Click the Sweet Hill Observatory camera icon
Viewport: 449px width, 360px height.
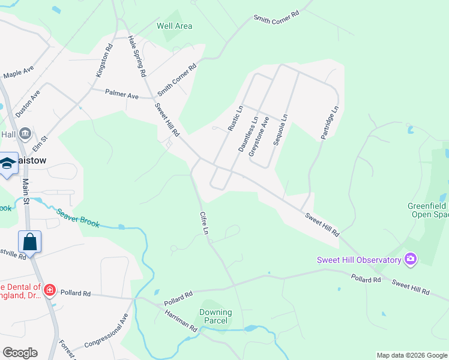[x=411, y=259]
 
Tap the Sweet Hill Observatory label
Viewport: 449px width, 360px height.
[x=359, y=260]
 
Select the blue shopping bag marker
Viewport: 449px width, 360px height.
[x=30, y=242]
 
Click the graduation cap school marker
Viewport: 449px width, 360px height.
[x=8, y=164]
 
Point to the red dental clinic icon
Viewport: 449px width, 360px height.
[x=50, y=291]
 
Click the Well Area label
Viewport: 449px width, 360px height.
[x=174, y=26]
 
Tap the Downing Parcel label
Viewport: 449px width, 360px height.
[x=215, y=316]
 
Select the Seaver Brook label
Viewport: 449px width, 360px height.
[x=78, y=217]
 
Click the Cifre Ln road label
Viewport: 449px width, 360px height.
[x=205, y=223]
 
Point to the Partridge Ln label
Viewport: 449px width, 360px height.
[x=329, y=123]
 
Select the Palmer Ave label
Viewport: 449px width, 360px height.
[x=122, y=95]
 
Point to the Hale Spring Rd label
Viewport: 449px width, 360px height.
[x=138, y=56]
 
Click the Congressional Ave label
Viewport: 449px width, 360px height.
[x=107, y=332]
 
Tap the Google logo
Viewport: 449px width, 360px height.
[x=20, y=352]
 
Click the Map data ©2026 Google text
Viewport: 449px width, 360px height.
[x=412, y=355]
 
